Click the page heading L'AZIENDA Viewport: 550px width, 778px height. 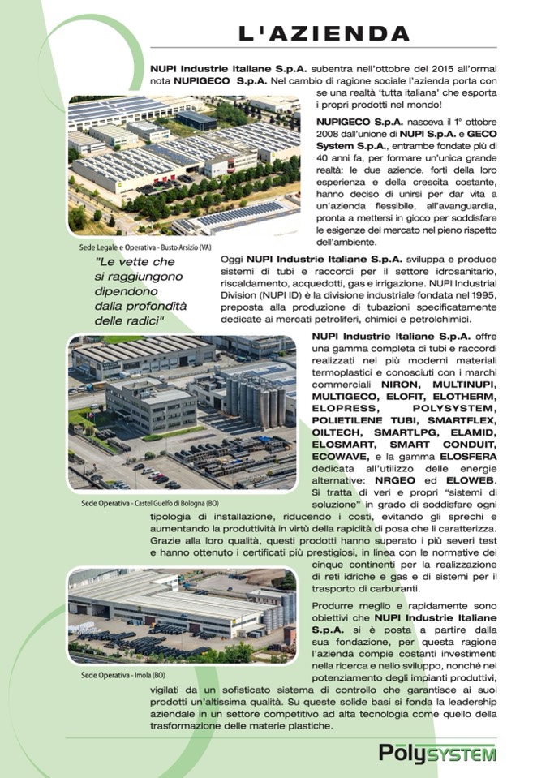(x=324, y=33)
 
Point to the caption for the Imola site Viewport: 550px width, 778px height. (x=122, y=675)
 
